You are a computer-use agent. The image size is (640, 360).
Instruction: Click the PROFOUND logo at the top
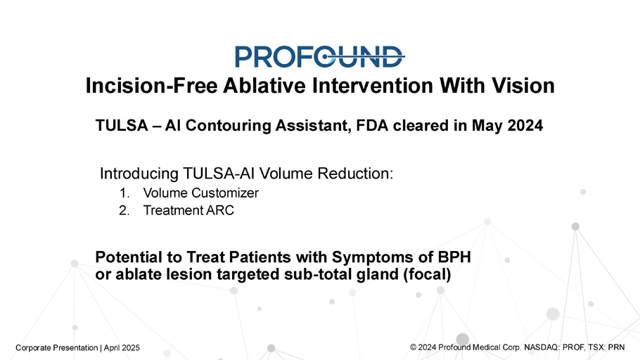click(319, 56)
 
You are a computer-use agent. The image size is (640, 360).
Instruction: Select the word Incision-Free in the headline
click(151, 86)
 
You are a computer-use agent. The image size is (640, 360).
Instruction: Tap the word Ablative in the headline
click(264, 86)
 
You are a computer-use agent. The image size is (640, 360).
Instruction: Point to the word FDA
click(372, 125)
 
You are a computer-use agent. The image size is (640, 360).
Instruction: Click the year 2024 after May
click(525, 125)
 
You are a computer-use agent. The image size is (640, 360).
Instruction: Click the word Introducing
click(139, 174)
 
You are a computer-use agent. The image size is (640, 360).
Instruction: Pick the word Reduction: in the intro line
click(355, 174)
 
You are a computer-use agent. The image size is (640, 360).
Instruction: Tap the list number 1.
click(124, 193)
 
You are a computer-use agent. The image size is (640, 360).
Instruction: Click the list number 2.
click(124, 211)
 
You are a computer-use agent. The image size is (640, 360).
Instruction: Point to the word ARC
click(220, 211)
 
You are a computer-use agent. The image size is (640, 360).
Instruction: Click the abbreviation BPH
click(454, 257)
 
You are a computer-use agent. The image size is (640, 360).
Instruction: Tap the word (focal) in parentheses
click(427, 274)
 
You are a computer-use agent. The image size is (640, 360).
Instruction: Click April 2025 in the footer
click(122, 348)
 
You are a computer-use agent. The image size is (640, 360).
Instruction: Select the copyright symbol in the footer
click(413, 347)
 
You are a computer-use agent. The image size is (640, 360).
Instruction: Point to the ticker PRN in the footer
click(616, 347)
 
